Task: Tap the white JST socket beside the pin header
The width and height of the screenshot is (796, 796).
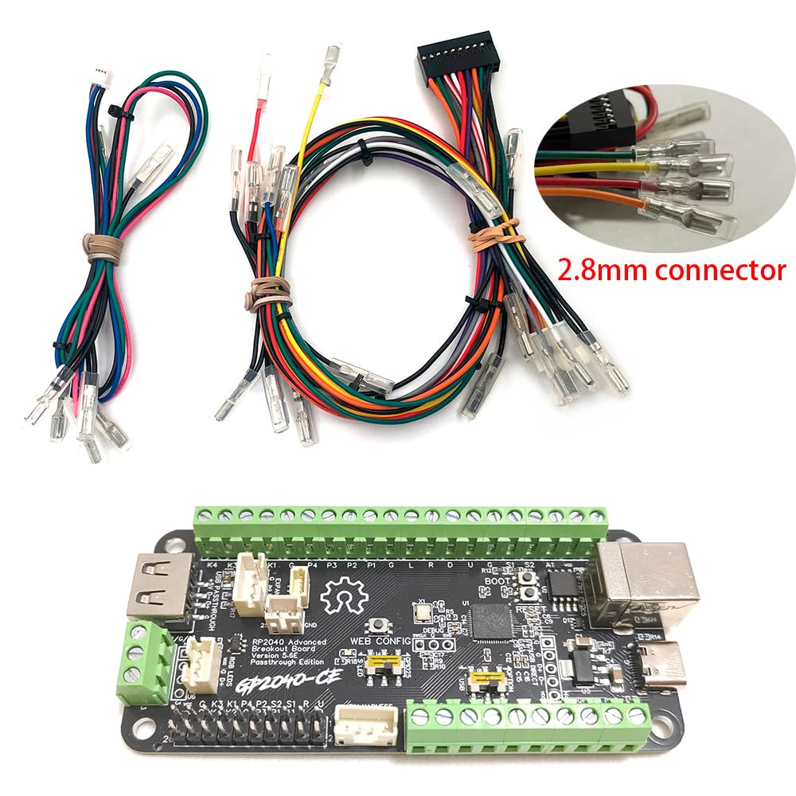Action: tap(357, 726)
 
